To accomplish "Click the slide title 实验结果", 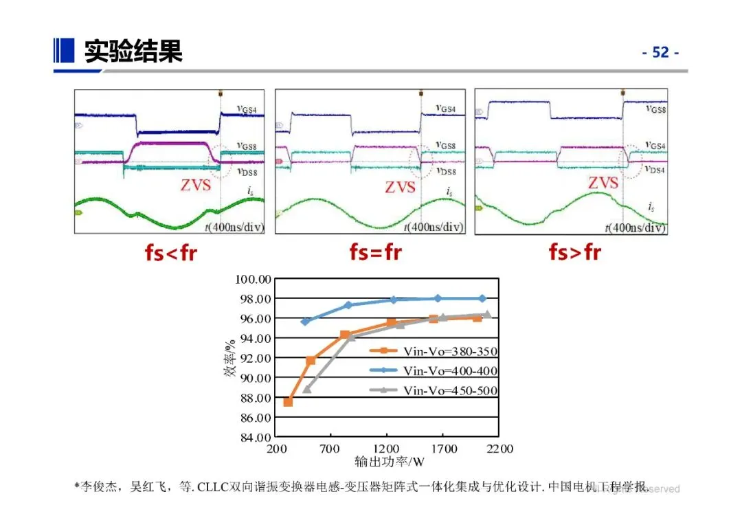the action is tap(133, 52).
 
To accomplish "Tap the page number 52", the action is tap(660, 52).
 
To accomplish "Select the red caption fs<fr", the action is tap(170, 253).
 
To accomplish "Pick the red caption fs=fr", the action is tap(375, 253).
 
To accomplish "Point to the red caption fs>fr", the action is tap(574, 253).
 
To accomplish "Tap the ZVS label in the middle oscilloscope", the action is tap(400, 187).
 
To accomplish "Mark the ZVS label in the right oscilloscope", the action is tap(603, 183).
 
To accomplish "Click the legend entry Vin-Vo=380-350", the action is tap(450, 351).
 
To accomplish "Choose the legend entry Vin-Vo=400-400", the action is tap(450, 371).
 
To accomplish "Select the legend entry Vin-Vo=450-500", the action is tap(450, 391).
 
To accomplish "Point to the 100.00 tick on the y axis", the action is tap(254, 279).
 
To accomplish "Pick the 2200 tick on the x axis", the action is tap(499, 449).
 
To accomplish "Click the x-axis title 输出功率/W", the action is tap(390, 462).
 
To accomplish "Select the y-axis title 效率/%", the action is tap(228, 358).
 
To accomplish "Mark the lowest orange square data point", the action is tap(288, 402).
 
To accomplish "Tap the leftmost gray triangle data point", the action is tap(307, 389).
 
